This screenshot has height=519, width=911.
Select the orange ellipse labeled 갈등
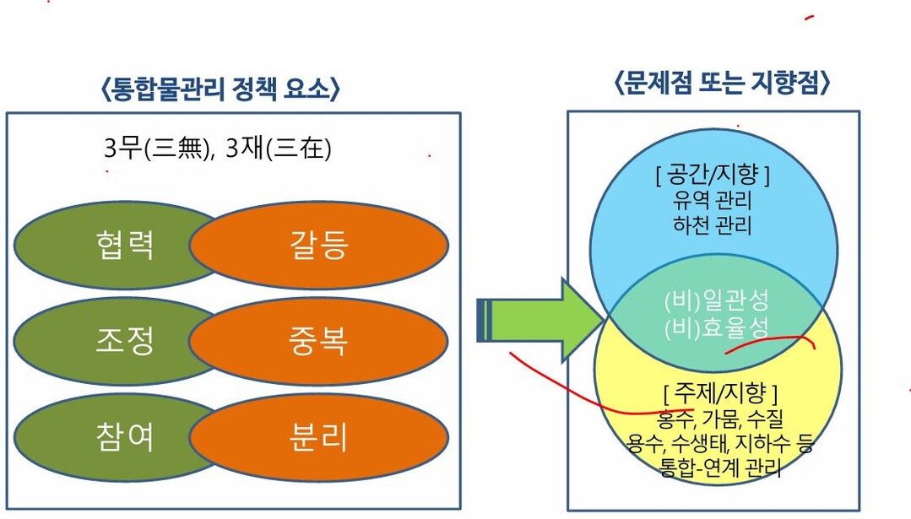(319, 245)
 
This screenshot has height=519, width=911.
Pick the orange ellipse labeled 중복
(319, 341)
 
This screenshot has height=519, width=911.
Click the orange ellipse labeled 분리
(319, 437)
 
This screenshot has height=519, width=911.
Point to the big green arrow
(540, 320)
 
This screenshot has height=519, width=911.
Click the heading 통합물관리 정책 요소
(220, 89)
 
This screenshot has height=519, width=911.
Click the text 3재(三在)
(279, 148)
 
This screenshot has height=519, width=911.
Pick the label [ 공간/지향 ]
(713, 174)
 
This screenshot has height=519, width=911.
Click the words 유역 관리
(713, 200)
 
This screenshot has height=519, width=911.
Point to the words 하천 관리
(713, 224)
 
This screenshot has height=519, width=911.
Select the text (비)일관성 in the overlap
(716, 300)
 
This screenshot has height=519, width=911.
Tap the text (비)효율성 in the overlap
(716, 327)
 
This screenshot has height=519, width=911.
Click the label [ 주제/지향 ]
(720, 393)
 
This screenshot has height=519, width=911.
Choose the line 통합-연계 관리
(720, 467)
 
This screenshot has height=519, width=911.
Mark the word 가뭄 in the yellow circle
(720, 418)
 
